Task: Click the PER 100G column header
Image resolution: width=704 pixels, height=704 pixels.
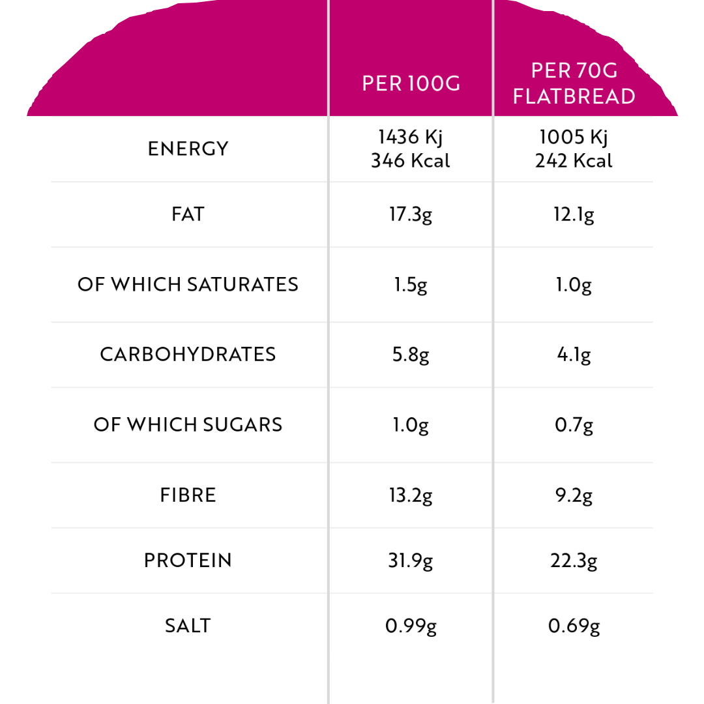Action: (x=411, y=84)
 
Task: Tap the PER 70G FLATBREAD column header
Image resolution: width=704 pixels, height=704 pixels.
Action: (x=574, y=83)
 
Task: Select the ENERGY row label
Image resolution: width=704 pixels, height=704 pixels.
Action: (x=188, y=149)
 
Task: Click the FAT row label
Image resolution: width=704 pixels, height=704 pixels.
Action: (x=188, y=214)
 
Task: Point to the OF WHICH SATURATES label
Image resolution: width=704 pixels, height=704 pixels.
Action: (x=188, y=284)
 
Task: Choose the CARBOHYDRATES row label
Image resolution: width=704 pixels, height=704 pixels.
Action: (x=188, y=354)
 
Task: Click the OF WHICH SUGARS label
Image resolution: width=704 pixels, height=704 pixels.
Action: (x=188, y=424)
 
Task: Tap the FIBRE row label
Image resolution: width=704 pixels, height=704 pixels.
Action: (x=188, y=495)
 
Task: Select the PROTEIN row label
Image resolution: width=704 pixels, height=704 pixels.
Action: (x=188, y=561)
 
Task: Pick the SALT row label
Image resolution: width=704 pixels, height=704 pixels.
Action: (x=188, y=626)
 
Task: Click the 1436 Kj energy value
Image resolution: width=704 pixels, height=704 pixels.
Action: (x=411, y=138)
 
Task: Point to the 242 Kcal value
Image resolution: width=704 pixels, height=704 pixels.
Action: (x=574, y=161)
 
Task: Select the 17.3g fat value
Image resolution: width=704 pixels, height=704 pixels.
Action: (x=411, y=215)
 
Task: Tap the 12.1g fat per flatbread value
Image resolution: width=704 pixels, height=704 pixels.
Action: (x=574, y=215)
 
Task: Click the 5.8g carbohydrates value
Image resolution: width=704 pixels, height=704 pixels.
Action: (x=411, y=355)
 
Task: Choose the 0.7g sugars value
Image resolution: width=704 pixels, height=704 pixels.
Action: (x=574, y=426)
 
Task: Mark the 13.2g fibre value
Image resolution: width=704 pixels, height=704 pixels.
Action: (x=411, y=496)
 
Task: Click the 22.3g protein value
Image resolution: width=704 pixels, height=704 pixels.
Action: (x=574, y=561)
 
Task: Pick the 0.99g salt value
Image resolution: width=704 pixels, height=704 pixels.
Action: (x=411, y=626)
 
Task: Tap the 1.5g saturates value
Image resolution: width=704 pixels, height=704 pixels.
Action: (x=411, y=286)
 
